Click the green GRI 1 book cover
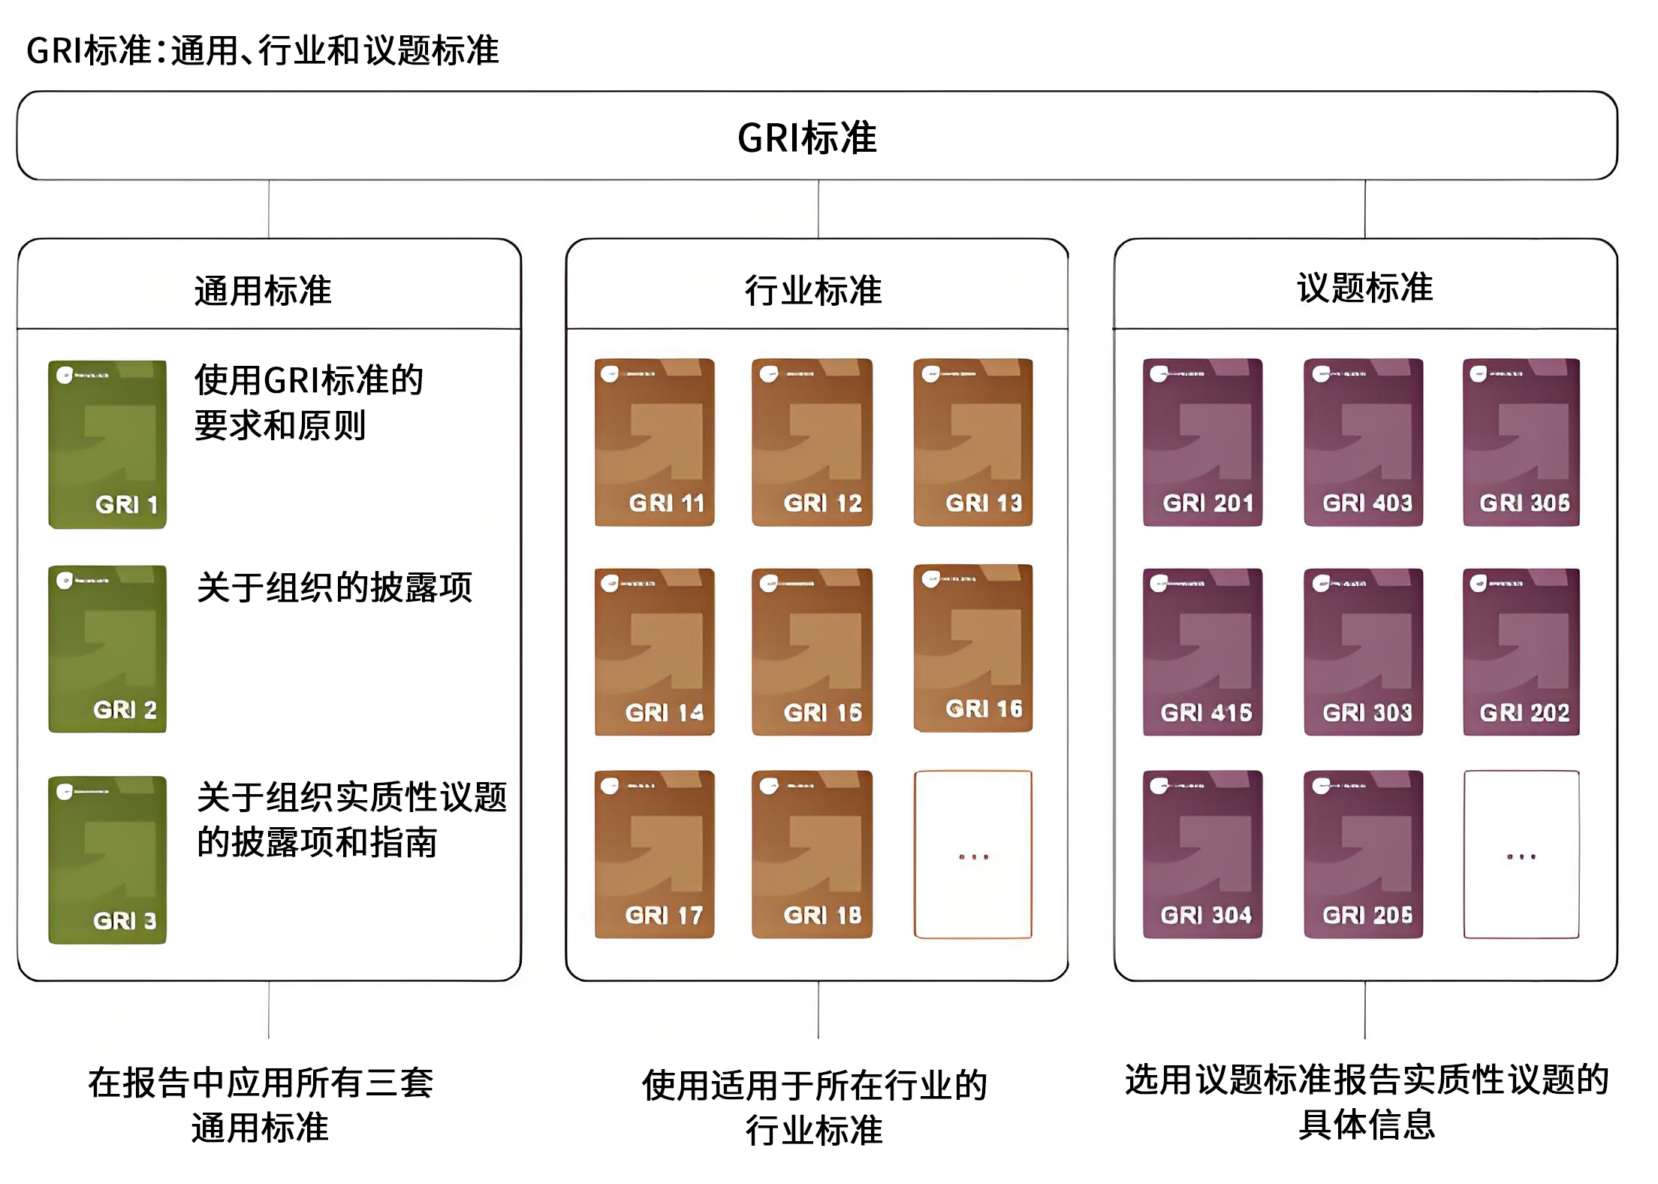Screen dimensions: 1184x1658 tap(107, 444)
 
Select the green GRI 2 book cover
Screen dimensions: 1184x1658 tap(107, 649)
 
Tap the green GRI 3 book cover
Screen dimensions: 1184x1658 tap(107, 859)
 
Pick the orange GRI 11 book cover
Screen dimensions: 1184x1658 tap(654, 442)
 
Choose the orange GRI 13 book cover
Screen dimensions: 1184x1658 tap(972, 442)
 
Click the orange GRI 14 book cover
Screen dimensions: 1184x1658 tap(654, 651)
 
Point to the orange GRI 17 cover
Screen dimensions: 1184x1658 tap(654, 854)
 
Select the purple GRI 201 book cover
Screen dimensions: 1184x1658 tap(1202, 442)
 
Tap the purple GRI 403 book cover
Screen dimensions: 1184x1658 tap(1363, 442)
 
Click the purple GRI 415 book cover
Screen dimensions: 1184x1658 tap(1202, 651)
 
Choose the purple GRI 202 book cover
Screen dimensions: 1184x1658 tap(1521, 651)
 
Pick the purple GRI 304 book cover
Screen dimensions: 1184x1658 tap(1202, 854)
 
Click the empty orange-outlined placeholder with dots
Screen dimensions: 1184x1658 tap(972, 854)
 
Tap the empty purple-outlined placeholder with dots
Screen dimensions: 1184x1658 tap(1521, 854)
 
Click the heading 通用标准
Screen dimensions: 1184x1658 tap(262, 291)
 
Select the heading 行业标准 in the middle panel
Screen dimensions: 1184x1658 tap(813, 291)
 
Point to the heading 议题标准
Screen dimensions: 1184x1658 tap(1364, 288)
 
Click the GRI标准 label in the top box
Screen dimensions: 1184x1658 tap(807, 137)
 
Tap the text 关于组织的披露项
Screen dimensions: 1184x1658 tap(334, 587)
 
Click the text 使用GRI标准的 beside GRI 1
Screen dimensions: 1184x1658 tap(309, 380)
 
